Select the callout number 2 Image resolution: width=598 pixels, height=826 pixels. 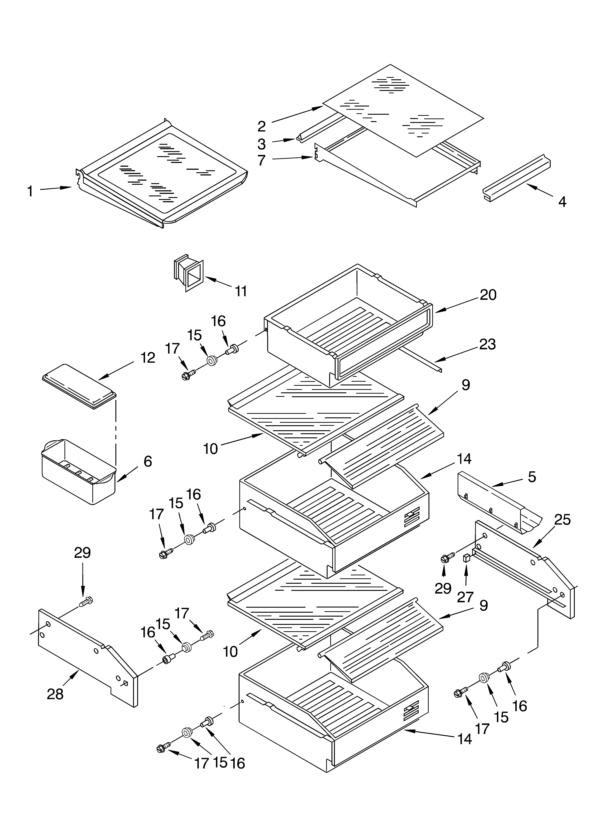[x=261, y=126]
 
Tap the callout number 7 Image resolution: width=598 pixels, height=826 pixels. [x=261, y=160]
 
